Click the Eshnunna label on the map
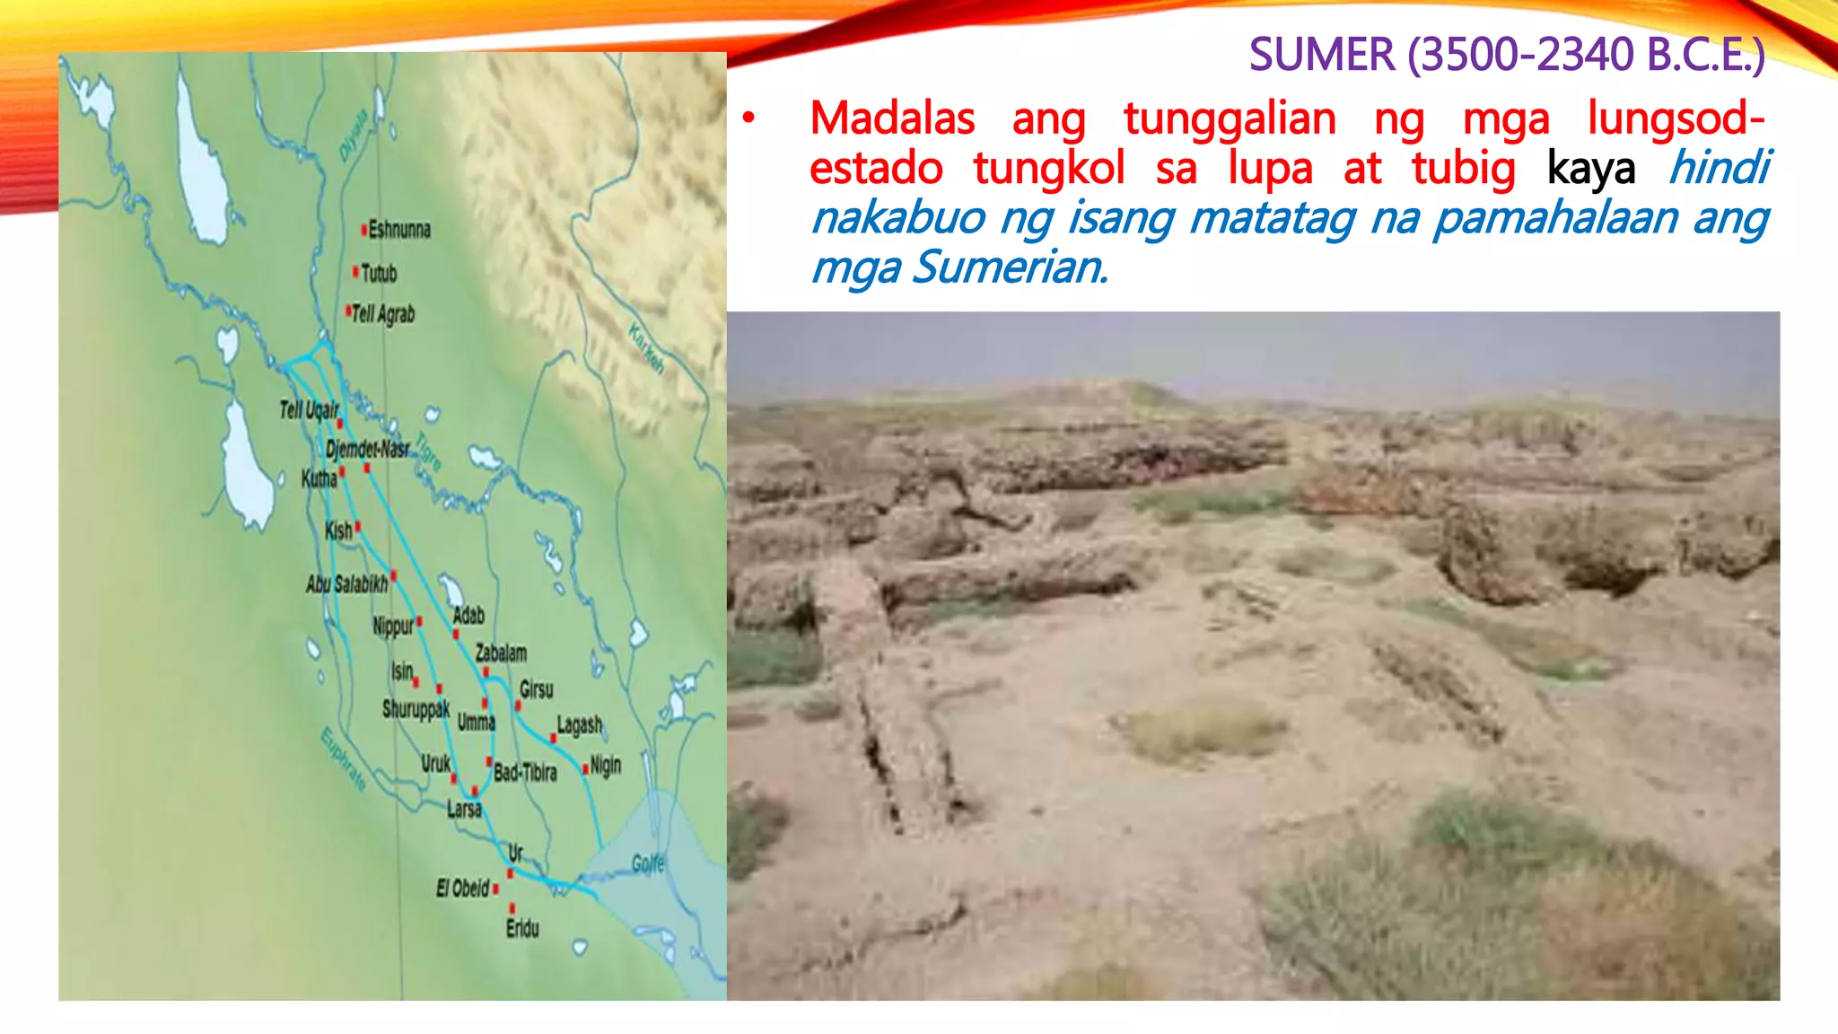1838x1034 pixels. pos(399,230)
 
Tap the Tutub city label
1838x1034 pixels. pos(379,273)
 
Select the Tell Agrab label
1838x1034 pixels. pos(383,313)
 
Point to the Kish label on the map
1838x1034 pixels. pos(338,530)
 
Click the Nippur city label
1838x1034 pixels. pos(393,626)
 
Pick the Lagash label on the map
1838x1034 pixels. pos(580,724)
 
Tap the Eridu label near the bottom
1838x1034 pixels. pos(522,928)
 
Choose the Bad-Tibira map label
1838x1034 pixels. pos(525,772)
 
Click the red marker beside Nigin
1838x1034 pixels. pos(585,769)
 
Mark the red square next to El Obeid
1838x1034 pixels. pos(495,889)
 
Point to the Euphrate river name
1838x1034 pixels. pos(344,759)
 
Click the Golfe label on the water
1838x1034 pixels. pos(648,863)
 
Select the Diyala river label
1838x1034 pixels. pos(353,136)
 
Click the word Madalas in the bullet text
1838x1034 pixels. pos(892,118)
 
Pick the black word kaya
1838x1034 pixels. pos(1590,169)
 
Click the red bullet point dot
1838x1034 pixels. pos(748,118)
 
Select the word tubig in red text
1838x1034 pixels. pos(1463,169)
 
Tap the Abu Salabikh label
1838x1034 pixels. pos(347,584)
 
